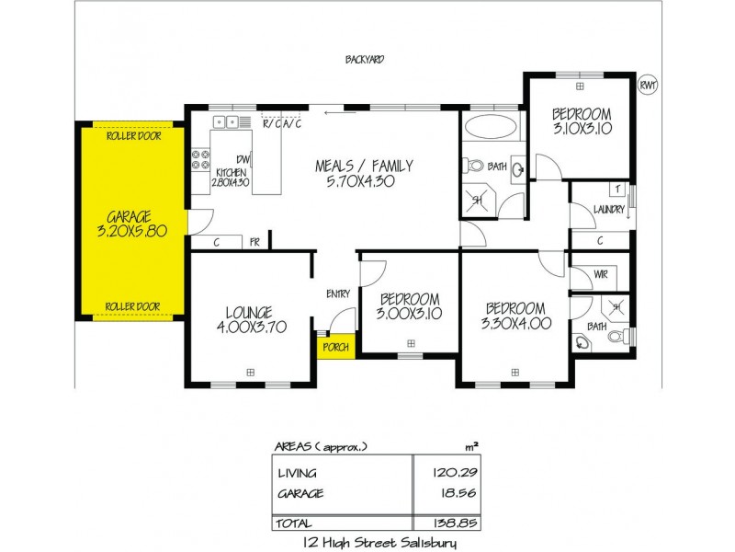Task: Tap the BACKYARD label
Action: [x=365, y=60]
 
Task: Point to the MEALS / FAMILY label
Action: [x=364, y=167]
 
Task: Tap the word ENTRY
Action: [x=338, y=293]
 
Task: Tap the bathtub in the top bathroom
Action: [x=491, y=126]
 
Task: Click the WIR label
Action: [x=602, y=274]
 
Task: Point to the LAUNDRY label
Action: [x=609, y=210]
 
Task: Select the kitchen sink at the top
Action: [x=226, y=121]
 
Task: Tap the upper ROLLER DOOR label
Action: [x=133, y=135]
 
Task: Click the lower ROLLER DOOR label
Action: [x=133, y=306]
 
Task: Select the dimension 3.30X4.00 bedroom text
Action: [x=514, y=323]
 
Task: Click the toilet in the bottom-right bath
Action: [x=582, y=341]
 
